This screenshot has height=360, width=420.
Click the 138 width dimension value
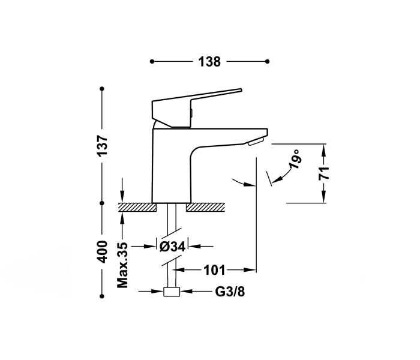[x=209, y=61]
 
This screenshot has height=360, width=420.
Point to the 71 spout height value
[x=324, y=173]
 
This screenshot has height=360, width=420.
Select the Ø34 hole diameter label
[x=172, y=246]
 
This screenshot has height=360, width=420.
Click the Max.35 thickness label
[x=122, y=265]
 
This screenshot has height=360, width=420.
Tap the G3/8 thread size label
[x=230, y=292]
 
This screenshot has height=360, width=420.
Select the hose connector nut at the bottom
[x=172, y=292]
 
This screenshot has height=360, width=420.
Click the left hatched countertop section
[x=137, y=207]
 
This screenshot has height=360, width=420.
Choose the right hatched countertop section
[x=206, y=207]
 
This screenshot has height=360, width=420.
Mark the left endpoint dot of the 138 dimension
[x=152, y=61]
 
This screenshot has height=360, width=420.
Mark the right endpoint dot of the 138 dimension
[x=267, y=61]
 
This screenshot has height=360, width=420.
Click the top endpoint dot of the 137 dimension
[x=102, y=89]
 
